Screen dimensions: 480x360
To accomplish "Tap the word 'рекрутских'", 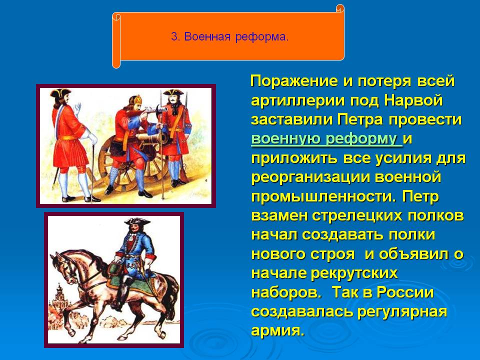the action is pos(354,273).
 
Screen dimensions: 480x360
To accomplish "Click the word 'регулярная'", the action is pos(402,312).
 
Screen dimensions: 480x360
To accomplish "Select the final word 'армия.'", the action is pos(277,331).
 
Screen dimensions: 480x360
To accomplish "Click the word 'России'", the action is pos(405,292).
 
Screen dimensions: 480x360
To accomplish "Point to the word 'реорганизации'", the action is pos(310,177).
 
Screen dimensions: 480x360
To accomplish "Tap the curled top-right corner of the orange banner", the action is pos(340,9).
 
